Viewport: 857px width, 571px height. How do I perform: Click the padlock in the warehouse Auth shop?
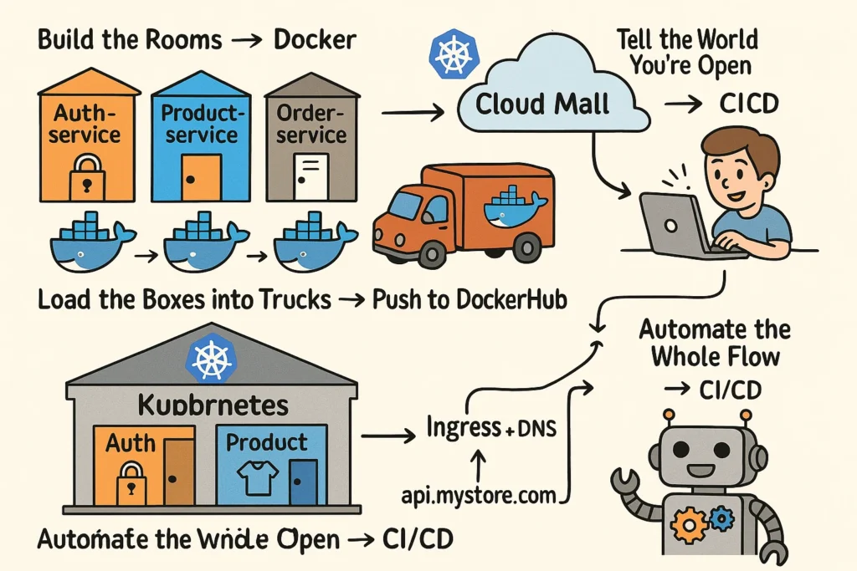129,483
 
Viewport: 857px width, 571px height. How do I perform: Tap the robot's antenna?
669,416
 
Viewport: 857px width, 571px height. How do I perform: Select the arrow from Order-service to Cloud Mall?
412,110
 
